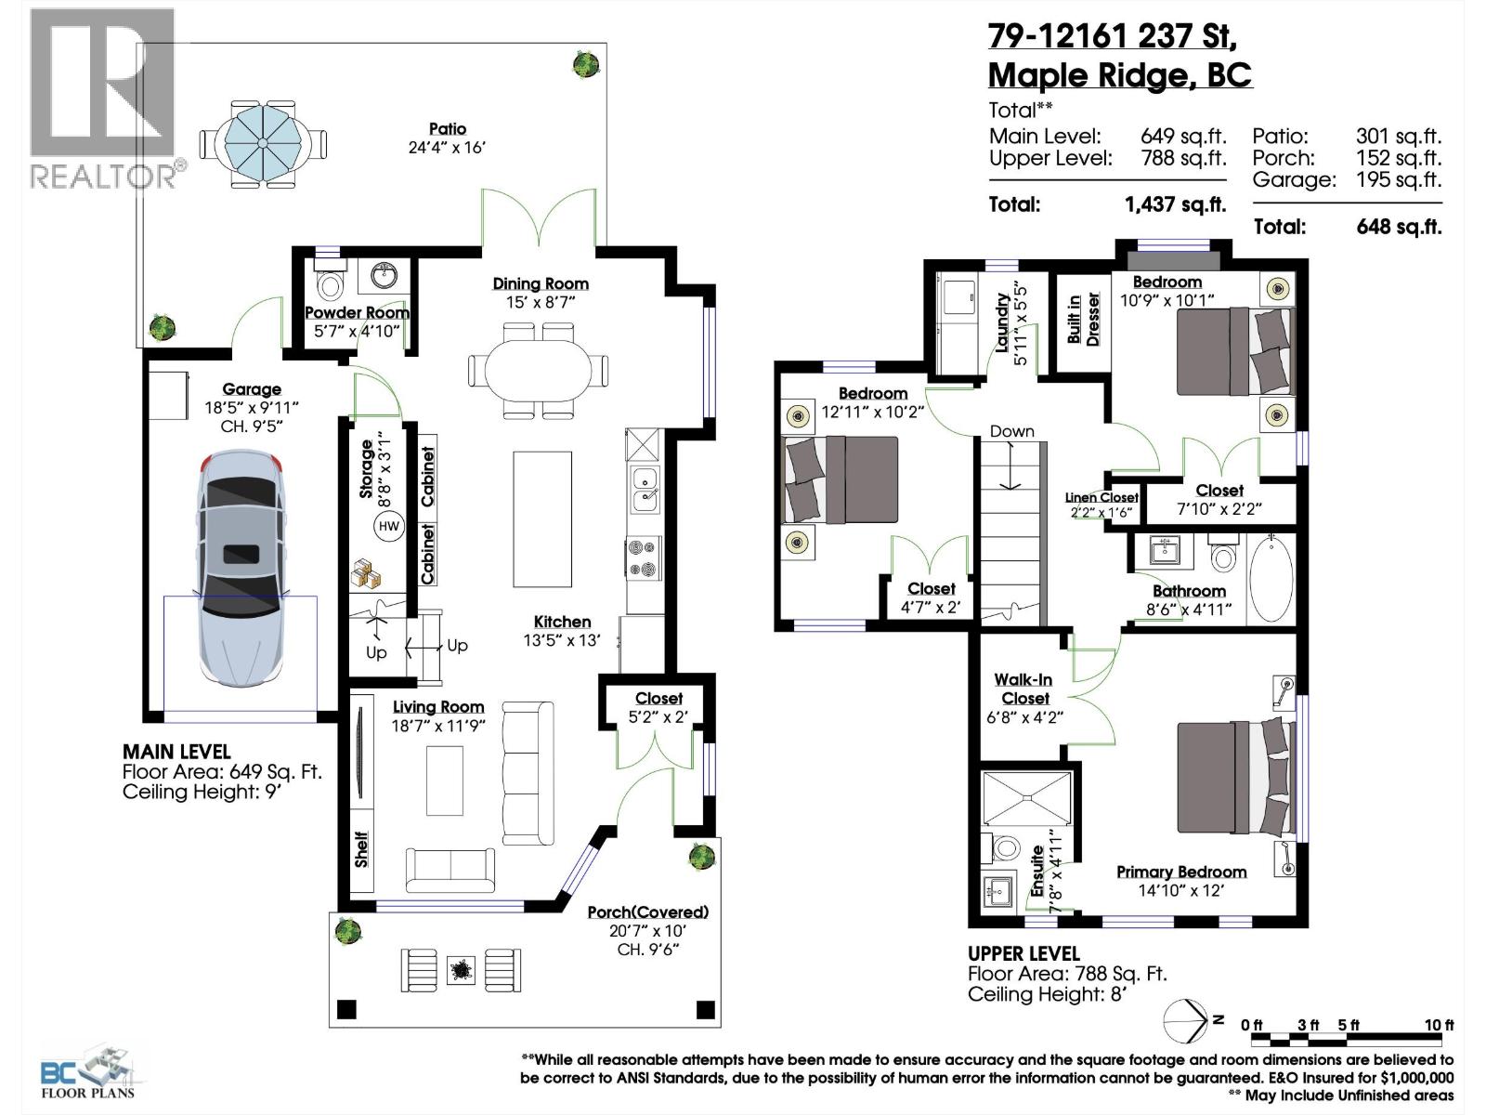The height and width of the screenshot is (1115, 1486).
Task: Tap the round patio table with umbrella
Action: click(x=263, y=142)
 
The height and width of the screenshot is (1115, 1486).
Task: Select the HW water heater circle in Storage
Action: click(x=388, y=527)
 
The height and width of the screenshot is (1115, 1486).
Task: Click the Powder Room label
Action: click(x=357, y=312)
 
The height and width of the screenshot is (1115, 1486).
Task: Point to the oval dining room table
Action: click(x=539, y=370)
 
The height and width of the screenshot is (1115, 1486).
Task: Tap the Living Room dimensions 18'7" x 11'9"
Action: click(x=438, y=726)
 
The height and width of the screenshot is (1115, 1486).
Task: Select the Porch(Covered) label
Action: click(x=647, y=912)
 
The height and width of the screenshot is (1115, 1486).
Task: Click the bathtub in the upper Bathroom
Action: click(x=1271, y=577)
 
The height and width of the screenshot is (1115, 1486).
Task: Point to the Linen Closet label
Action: click(x=1101, y=498)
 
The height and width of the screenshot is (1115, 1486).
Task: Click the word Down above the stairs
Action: click(x=1011, y=431)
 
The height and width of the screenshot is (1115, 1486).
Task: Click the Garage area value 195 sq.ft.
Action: click(x=1398, y=179)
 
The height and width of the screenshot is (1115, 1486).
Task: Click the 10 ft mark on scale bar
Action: click(x=1439, y=1025)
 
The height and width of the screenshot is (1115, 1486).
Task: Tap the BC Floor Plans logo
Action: click(x=88, y=1073)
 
